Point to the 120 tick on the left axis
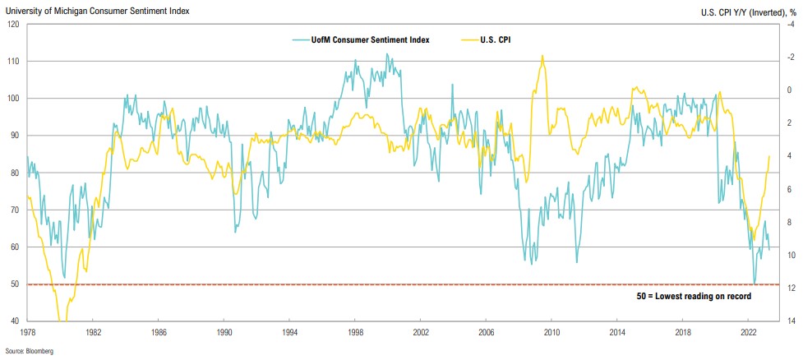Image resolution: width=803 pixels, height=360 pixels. point(13,24)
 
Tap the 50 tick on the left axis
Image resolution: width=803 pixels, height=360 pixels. point(15,284)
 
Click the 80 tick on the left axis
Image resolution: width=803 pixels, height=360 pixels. point(15,173)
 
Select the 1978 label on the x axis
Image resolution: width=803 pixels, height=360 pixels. point(27,332)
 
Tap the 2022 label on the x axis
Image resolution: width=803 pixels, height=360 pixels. point(748,332)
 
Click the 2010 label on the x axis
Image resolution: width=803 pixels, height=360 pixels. point(551,332)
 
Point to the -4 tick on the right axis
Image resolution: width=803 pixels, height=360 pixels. point(787,24)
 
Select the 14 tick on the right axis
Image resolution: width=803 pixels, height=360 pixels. point(787,321)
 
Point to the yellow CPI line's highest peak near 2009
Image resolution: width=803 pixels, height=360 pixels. point(542,56)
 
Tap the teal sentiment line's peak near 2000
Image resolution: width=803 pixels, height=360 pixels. point(387,54)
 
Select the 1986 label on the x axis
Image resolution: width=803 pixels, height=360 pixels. point(159,332)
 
